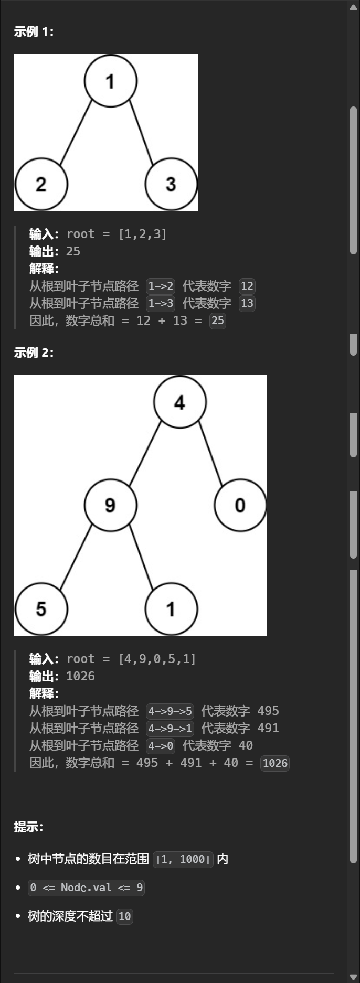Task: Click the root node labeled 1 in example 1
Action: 111,81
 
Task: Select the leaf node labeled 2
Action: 41,184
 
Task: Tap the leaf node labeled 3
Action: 171,184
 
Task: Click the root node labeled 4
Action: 179,402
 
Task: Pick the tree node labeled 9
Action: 110,505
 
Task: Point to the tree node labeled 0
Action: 240,505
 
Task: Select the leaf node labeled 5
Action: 41,609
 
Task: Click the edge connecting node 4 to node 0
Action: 210,452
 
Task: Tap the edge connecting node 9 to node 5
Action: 76,557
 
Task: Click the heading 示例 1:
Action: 34,32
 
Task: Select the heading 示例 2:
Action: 34,352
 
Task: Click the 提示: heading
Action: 28,827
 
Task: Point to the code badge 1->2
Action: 161,286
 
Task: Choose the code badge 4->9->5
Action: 170,711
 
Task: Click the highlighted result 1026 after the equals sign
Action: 275,763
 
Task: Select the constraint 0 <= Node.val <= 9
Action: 86,888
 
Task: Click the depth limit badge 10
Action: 124,916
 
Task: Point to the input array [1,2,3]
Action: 142,234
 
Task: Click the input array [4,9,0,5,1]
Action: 157,659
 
